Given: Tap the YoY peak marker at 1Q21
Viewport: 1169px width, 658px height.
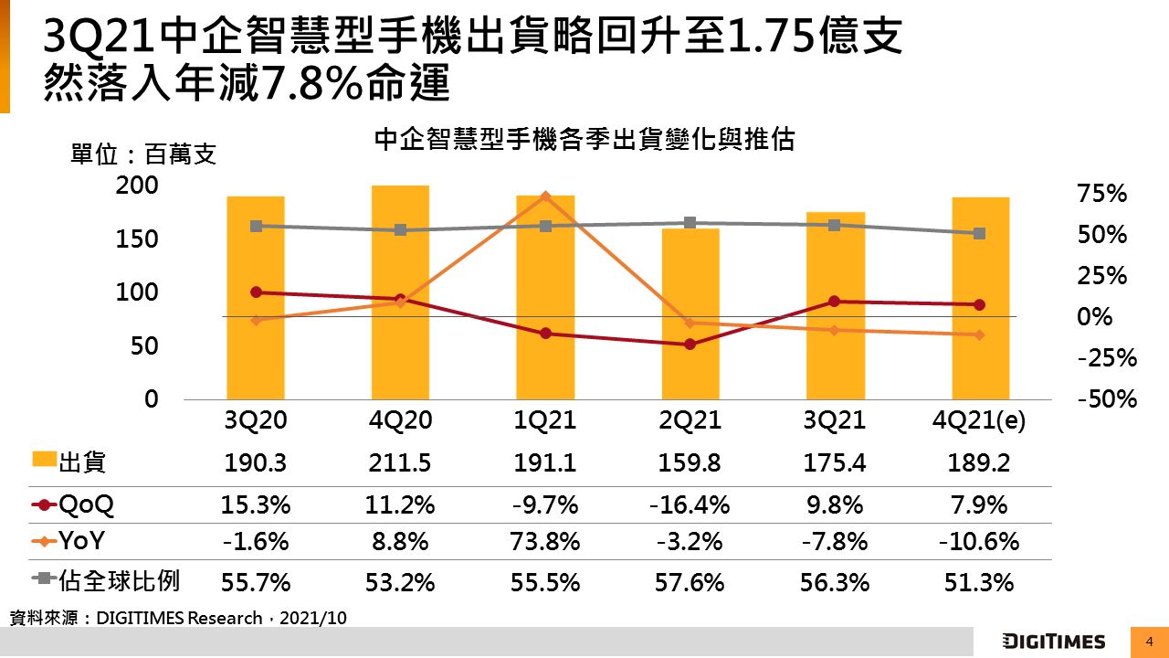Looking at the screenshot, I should (x=545, y=196).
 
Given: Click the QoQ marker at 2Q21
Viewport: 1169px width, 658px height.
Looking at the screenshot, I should (x=690, y=345).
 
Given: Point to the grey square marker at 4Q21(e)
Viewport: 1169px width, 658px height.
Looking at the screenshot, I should (x=979, y=234).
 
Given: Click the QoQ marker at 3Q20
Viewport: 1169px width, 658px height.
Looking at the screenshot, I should (x=256, y=292).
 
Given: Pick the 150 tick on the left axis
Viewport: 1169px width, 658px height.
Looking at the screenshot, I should (x=139, y=239).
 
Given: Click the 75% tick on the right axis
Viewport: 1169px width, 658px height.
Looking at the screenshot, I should (x=1102, y=194).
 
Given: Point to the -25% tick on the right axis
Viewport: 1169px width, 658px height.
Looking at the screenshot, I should (x=1107, y=358).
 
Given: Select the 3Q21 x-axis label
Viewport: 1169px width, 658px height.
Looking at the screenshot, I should (x=835, y=420).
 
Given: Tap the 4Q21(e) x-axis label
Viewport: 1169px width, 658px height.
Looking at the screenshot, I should (x=978, y=420).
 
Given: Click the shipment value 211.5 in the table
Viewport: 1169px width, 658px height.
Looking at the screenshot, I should (x=400, y=463).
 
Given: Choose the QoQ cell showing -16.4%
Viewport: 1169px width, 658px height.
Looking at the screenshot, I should (x=690, y=505).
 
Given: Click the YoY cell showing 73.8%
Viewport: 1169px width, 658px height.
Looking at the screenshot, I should (x=545, y=542).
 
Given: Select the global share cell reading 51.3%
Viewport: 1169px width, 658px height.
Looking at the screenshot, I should (x=979, y=582).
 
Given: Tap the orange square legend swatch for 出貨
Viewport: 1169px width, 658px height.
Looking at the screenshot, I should (x=44, y=461).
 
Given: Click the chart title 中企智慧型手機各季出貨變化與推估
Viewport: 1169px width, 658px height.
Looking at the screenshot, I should (x=584, y=140).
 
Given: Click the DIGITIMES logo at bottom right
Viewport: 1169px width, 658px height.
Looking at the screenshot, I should (x=1053, y=641).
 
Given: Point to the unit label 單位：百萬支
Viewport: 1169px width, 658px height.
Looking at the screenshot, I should (x=143, y=154).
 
